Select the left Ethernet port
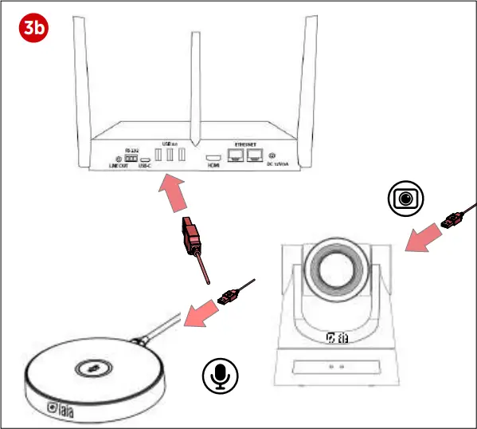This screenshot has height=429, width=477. click(237, 156)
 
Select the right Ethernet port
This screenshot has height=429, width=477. click(256, 156)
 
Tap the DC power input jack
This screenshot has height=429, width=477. click(273, 156)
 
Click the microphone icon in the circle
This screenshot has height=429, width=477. click(220, 376)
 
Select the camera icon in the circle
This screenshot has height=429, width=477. click(406, 198)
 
